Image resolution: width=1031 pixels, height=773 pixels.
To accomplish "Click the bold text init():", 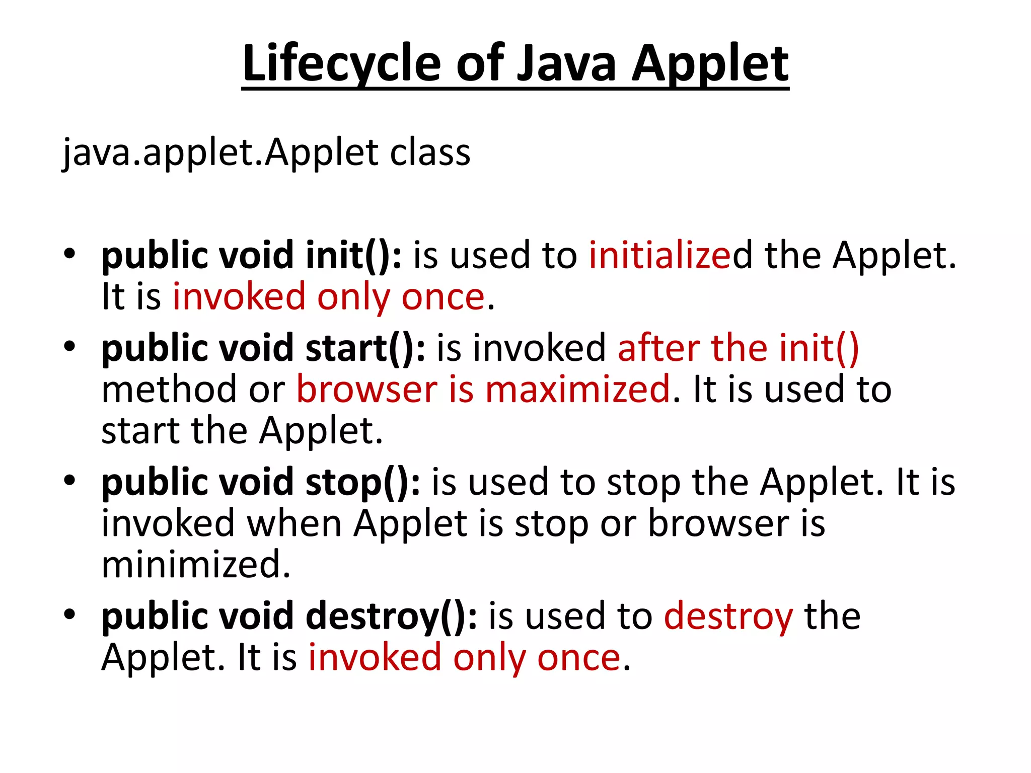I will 354,255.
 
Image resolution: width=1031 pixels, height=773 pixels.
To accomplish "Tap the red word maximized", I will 577,390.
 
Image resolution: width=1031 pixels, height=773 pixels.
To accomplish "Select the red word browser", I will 367,390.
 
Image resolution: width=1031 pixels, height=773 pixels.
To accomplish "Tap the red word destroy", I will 728,616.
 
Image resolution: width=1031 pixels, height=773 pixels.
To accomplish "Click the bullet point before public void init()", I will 69,253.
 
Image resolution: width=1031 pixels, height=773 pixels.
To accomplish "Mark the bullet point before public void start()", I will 69,346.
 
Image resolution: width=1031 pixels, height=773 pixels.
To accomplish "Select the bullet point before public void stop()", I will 69,480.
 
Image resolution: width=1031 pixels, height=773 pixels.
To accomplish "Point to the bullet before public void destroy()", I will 69,613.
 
